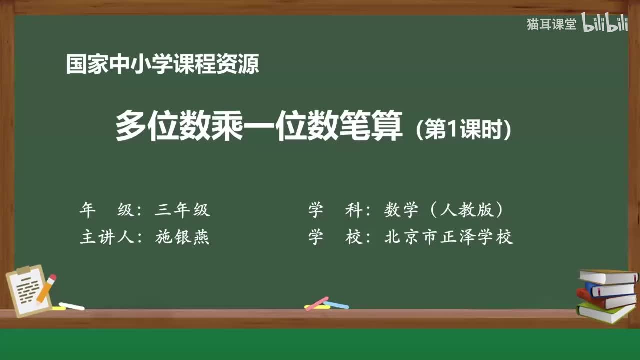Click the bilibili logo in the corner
pyautogui.click(x=605, y=24)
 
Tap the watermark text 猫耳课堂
pyautogui.click(x=551, y=24)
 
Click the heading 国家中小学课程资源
pyautogui.click(x=162, y=65)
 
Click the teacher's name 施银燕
pyautogui.click(x=182, y=237)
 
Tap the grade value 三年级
pyautogui.click(x=182, y=210)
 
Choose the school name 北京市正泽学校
pyautogui.click(x=448, y=237)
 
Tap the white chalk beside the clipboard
pyautogui.click(x=71, y=306)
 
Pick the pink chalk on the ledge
pyautogui.click(x=316, y=303)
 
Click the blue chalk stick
pyautogui.click(x=336, y=304)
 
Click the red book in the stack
pyautogui.click(x=605, y=299)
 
